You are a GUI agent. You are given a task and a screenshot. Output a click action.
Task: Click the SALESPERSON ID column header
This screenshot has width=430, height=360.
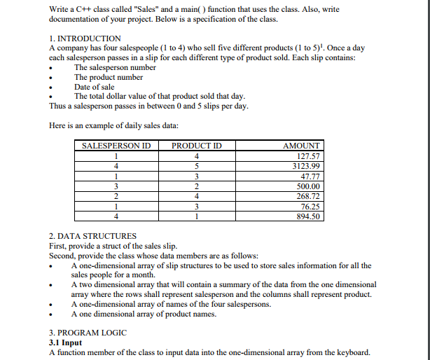pyautogui.click(x=117, y=146)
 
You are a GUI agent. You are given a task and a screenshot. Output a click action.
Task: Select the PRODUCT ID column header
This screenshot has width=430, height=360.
pyautogui.click(x=197, y=146)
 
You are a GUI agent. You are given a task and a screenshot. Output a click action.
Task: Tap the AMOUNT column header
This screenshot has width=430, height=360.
pyautogui.click(x=301, y=146)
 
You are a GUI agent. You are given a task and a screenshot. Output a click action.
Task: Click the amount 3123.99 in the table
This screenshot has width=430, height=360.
pyautogui.click(x=306, y=167)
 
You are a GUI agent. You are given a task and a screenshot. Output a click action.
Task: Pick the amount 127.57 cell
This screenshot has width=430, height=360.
pyautogui.click(x=308, y=156)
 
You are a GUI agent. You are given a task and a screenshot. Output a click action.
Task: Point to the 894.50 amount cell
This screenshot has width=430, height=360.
pyautogui.click(x=308, y=217)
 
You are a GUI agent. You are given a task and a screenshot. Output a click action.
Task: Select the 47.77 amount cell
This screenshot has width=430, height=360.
pyautogui.click(x=310, y=176)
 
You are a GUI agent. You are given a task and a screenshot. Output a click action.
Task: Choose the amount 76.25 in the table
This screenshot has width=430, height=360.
pyautogui.click(x=310, y=207)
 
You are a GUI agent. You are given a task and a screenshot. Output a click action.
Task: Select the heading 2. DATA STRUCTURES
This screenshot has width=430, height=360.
pyautogui.click(x=93, y=236)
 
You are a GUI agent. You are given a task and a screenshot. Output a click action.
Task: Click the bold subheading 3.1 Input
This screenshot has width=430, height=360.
pyautogui.click(x=65, y=342)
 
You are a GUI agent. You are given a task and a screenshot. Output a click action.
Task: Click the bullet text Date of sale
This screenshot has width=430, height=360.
pyautogui.click(x=94, y=87)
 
